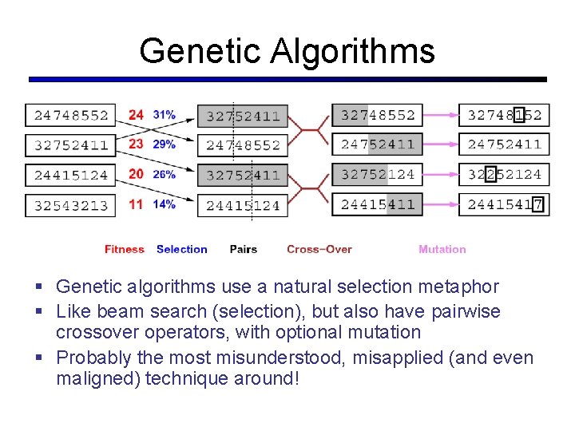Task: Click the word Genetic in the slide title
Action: click(200, 51)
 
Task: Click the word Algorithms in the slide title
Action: click(352, 51)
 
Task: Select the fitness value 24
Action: click(136, 115)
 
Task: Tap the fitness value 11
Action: click(136, 204)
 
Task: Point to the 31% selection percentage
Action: click(165, 115)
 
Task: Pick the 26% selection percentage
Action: click(165, 174)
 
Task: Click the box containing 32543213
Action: click(70, 205)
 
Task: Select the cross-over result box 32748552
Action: click(378, 115)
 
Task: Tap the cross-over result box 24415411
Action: click(378, 204)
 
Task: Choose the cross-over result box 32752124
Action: click(378, 174)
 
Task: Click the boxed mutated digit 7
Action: click(537, 204)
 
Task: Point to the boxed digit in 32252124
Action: click(490, 174)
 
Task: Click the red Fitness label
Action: click(124, 249)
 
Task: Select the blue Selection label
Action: click(181, 249)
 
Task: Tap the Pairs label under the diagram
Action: click(243, 249)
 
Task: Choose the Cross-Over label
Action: click(319, 249)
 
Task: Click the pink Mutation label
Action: click(442, 249)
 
